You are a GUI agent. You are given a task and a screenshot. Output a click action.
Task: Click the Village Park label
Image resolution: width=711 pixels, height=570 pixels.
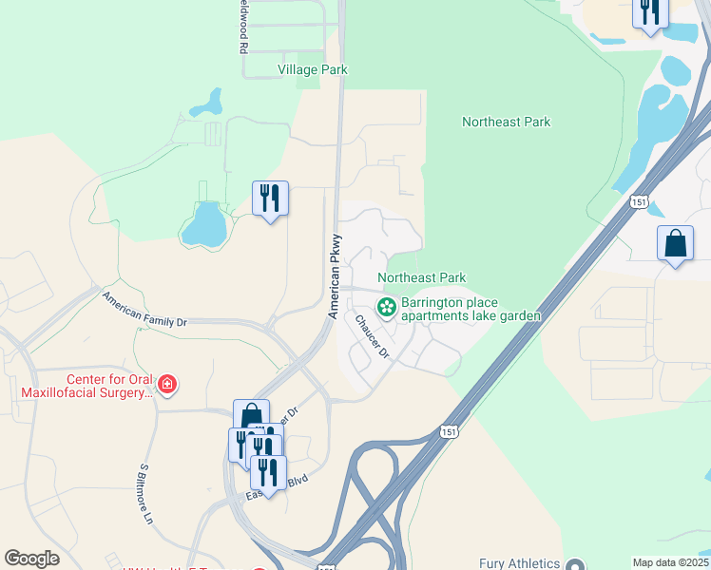[x=312, y=69]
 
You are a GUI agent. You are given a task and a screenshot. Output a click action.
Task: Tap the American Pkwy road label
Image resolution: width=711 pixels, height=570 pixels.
[x=334, y=275]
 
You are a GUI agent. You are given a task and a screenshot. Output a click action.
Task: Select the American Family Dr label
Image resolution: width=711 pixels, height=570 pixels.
[x=144, y=310]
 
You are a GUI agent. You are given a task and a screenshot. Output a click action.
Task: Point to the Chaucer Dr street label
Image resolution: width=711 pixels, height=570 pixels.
[x=373, y=335]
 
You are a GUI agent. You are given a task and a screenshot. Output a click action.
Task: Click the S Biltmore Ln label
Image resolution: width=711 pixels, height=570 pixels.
[x=146, y=494]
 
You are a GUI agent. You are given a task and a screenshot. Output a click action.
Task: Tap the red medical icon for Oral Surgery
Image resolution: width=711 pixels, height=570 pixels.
[x=167, y=384]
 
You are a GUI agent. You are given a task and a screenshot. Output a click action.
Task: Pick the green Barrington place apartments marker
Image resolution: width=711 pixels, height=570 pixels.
[x=386, y=306]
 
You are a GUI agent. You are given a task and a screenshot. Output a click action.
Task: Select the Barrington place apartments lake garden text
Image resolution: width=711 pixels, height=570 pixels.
[x=471, y=310]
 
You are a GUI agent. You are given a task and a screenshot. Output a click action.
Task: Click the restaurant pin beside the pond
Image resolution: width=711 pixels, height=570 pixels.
[x=270, y=199]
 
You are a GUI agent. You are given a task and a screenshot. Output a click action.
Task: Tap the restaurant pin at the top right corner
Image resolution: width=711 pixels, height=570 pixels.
[x=650, y=12]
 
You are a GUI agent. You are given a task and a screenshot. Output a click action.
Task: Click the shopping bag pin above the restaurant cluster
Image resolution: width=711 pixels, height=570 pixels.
[x=250, y=415]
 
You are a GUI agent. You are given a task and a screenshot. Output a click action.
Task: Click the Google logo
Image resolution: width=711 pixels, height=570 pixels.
[x=31, y=558]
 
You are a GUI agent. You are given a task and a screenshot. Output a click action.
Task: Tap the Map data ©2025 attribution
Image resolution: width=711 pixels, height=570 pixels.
[x=670, y=562]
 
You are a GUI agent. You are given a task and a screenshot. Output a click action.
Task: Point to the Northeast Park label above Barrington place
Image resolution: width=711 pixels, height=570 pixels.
[x=421, y=277]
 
